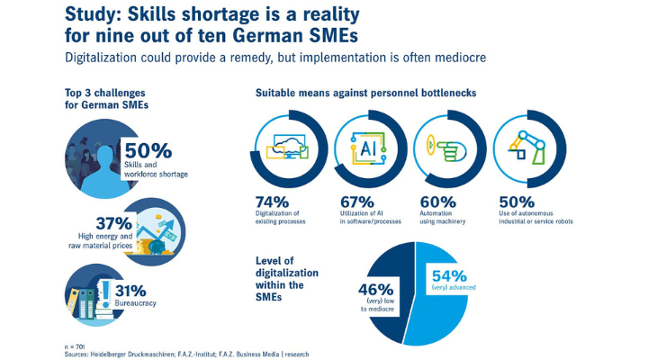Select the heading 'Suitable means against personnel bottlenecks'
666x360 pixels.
click(x=366, y=94)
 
